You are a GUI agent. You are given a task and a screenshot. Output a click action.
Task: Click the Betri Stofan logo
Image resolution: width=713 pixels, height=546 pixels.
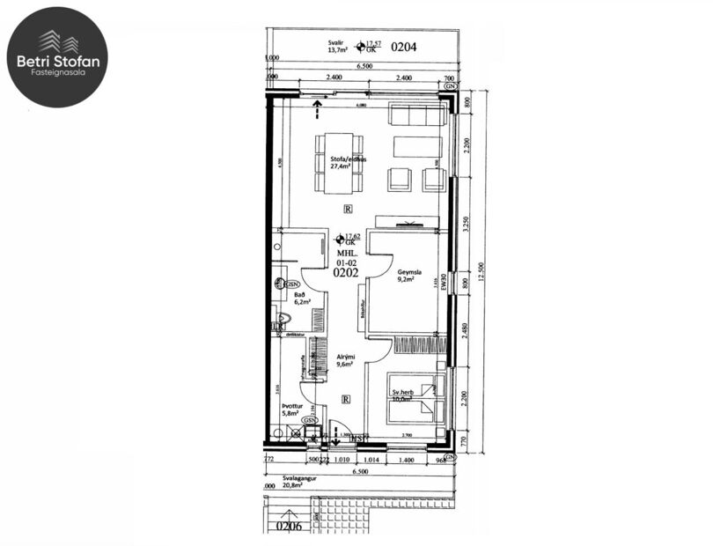[x=57, y=57]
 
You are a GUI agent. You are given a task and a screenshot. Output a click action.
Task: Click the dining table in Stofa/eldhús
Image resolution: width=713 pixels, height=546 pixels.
[x=339, y=163]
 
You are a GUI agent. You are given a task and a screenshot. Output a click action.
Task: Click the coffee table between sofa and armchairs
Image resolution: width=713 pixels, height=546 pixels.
[x=417, y=146]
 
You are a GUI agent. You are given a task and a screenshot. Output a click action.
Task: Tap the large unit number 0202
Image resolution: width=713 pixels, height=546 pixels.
[x=346, y=273]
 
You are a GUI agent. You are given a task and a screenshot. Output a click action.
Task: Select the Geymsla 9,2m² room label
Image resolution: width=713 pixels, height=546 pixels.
[x=410, y=277]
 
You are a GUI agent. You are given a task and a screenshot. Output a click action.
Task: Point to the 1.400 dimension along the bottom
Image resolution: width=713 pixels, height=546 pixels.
[x=406, y=460]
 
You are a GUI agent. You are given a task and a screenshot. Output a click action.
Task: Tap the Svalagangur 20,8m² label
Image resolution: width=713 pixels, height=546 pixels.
[x=288, y=482]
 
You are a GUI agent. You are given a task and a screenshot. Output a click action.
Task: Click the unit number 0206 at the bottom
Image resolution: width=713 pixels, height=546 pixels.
[x=290, y=527]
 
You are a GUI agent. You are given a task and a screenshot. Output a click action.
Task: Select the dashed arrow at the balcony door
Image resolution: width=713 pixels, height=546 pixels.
[x=315, y=110]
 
